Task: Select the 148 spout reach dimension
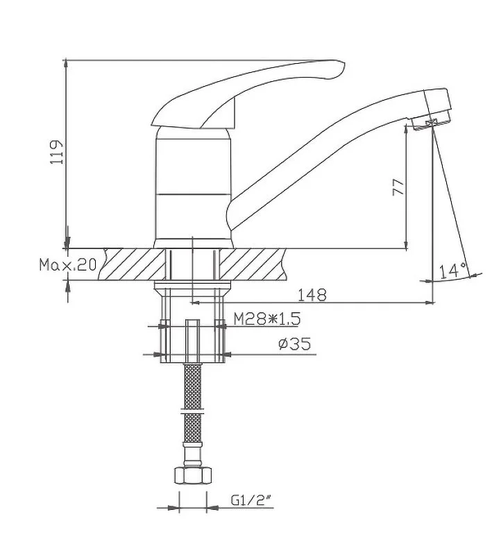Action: click(312, 295)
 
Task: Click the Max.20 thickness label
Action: click(67, 264)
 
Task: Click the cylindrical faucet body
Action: click(191, 184)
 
